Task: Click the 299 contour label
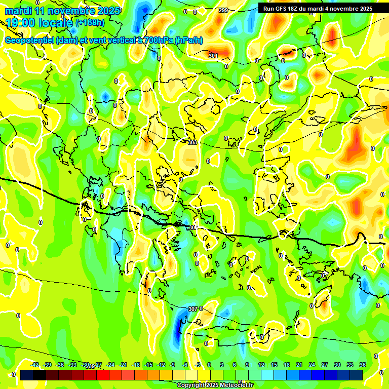[x=223, y=10]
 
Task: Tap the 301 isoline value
[x=213, y=56]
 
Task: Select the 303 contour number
[x=192, y=143]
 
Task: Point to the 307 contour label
[x=192, y=309]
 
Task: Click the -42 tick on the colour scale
[x=35, y=365]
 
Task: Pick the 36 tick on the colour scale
[x=362, y=365]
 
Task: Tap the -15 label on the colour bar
[x=148, y=365]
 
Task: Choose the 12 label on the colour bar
[x=261, y=365]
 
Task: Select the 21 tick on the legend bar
[x=299, y=365]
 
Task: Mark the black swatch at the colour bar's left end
[x=27, y=375]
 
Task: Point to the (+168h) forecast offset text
[x=90, y=22]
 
